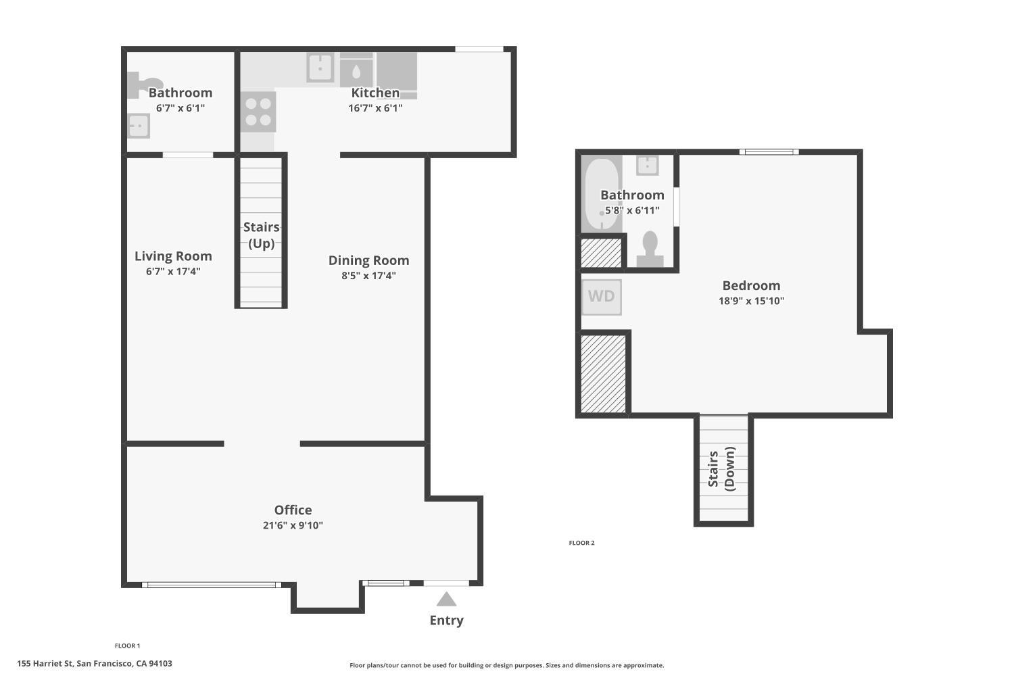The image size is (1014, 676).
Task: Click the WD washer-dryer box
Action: (601, 297)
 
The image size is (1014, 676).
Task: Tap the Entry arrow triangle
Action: (446, 600)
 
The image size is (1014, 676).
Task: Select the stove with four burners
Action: (258, 112)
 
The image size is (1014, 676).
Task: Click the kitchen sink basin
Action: (320, 68)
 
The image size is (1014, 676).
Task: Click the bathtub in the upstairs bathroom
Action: (601, 194)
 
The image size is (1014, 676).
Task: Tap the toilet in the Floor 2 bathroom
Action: (650, 249)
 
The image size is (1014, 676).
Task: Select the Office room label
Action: (293, 510)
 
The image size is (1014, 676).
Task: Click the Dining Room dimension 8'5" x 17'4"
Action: (368, 276)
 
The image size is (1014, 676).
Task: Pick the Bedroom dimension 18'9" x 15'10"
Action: (751, 301)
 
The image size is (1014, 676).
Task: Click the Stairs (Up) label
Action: (262, 235)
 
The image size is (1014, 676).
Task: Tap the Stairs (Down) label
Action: (721, 468)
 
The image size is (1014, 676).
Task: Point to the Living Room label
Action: (173, 256)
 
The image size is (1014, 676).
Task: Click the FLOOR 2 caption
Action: (581, 543)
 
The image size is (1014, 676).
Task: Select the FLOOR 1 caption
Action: (127, 646)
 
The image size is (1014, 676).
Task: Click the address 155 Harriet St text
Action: (95, 664)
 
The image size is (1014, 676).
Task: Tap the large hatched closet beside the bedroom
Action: (604, 373)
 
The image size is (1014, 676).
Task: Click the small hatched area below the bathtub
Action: (601, 252)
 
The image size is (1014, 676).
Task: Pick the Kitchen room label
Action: (375, 93)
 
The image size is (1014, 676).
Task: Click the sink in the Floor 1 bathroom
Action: (138, 126)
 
